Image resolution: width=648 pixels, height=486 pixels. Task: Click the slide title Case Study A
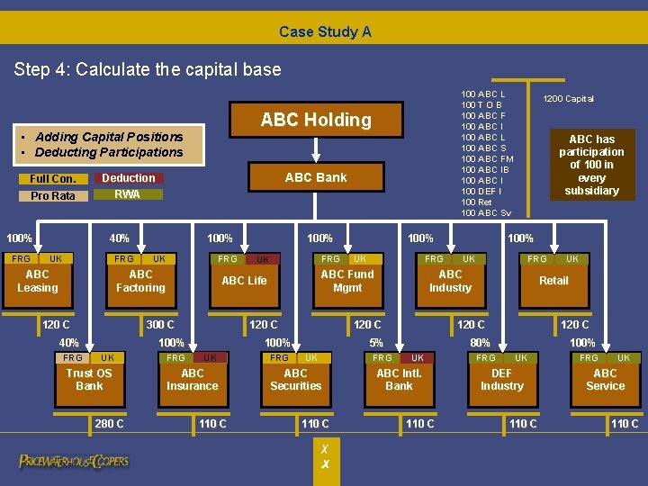tap(325, 31)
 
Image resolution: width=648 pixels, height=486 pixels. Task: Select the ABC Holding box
tap(316, 120)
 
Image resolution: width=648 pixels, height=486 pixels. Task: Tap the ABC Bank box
tap(316, 177)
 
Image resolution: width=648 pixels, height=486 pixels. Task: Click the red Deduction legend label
tap(128, 178)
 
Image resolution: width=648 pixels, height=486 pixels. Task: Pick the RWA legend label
tap(128, 194)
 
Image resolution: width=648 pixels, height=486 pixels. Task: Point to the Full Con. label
tap(52, 178)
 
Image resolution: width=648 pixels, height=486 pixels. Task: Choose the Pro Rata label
tap(52, 195)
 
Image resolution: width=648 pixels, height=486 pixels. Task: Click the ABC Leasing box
tap(38, 281)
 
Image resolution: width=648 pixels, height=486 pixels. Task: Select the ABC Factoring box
tap(140, 281)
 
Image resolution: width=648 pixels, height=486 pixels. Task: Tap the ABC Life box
tap(244, 281)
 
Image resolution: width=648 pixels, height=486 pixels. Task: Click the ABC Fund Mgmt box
tap(347, 281)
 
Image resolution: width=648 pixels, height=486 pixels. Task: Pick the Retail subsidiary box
tap(553, 281)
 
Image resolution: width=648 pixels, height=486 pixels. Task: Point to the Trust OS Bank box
tap(89, 379)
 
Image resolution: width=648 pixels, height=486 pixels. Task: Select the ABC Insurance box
tap(193, 379)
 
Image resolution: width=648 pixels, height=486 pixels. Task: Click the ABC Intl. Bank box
tap(399, 379)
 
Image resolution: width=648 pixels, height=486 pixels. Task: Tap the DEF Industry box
tap(502, 379)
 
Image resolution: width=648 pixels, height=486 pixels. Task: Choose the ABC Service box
tap(605, 379)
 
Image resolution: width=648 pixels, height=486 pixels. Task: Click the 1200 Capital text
tap(567, 98)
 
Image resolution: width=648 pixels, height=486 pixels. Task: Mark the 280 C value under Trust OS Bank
tap(109, 424)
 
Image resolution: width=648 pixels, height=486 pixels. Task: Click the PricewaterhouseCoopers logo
tap(74, 461)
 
